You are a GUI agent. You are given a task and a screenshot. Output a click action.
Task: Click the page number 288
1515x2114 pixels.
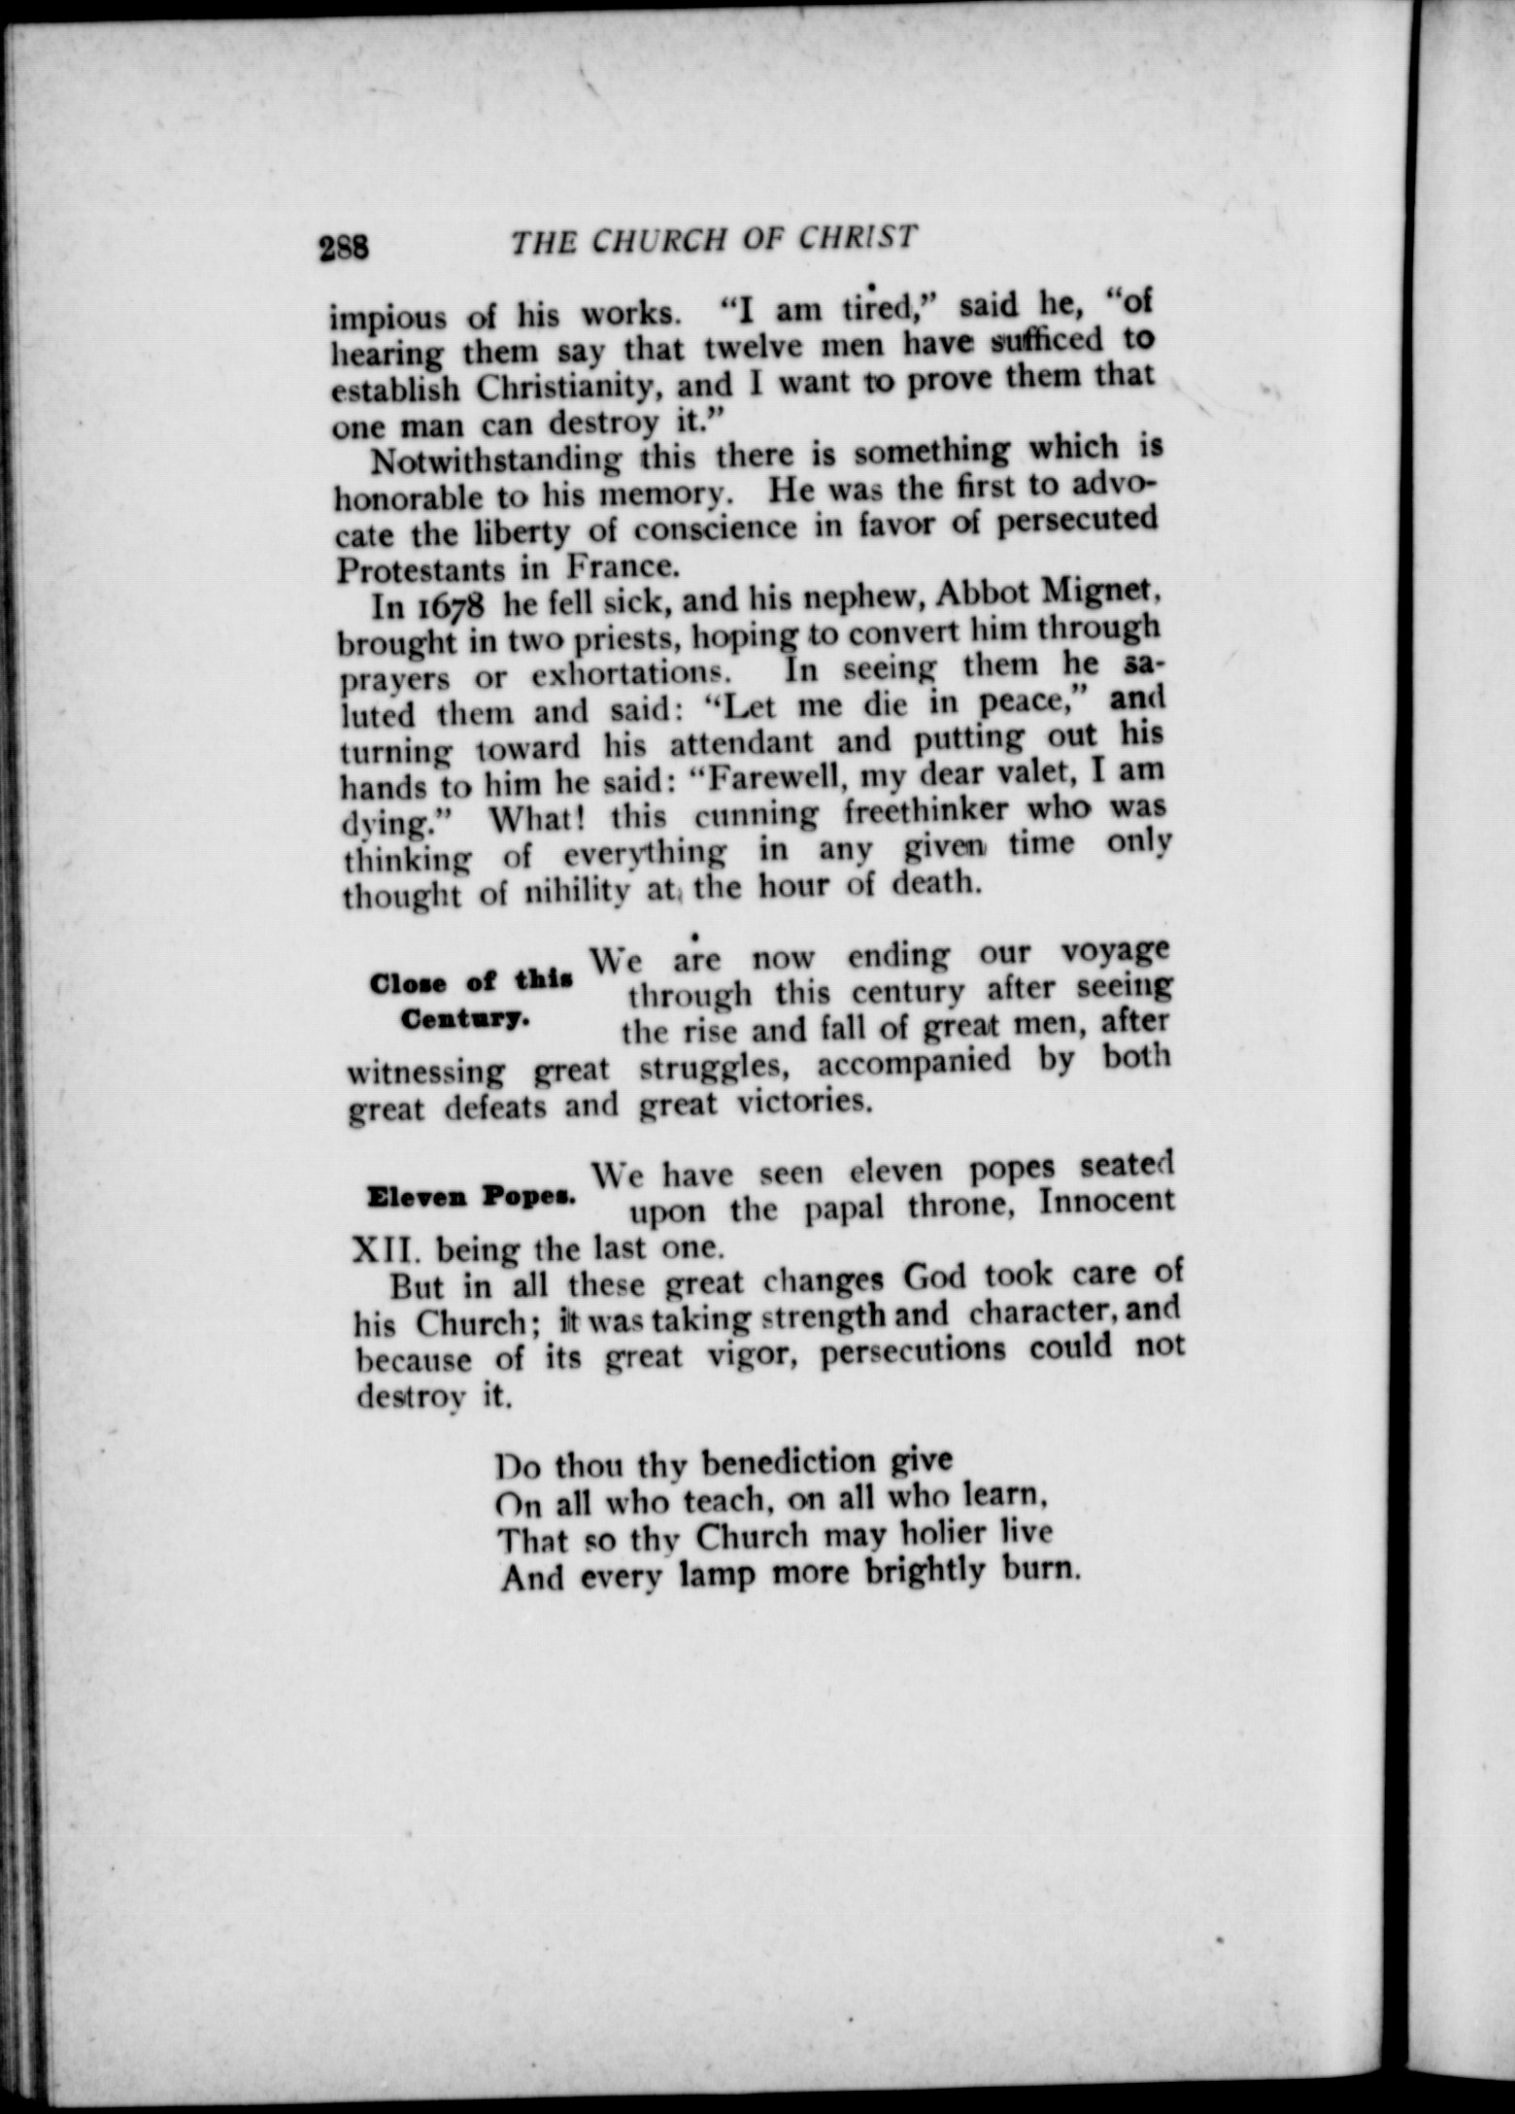pyautogui.click(x=344, y=248)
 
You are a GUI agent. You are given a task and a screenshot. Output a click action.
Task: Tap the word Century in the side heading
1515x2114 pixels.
pyautogui.click(x=464, y=1021)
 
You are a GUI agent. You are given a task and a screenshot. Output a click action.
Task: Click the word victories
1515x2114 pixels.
pyautogui.click(x=799, y=1103)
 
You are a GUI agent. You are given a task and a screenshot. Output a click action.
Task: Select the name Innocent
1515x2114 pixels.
pyautogui.click(x=1106, y=1202)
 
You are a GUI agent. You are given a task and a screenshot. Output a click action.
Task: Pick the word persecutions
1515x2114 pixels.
pyautogui.click(x=913, y=1351)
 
